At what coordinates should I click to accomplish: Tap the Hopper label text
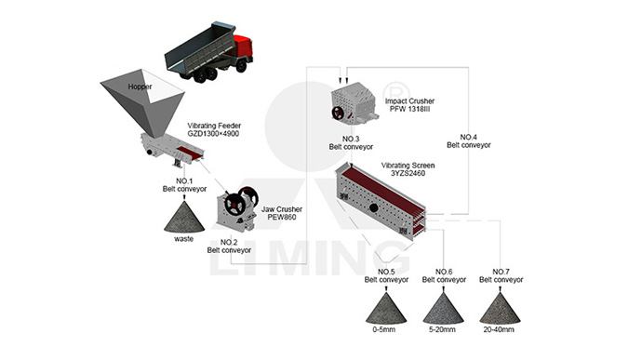tap(140, 87)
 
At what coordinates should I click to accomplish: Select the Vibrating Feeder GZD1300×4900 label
tap(214, 129)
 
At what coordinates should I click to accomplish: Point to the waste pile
tap(184, 217)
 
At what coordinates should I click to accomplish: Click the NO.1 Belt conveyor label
tap(184, 185)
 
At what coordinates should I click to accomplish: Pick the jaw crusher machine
tap(237, 209)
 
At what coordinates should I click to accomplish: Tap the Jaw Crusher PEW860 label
tap(282, 213)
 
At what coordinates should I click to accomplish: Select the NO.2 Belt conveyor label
tap(229, 247)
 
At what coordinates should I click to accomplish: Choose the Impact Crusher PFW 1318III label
tap(409, 105)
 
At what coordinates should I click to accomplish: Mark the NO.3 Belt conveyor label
tap(351, 143)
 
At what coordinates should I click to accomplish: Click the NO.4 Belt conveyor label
tap(468, 140)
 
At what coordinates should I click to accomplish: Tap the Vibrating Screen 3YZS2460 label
tap(408, 169)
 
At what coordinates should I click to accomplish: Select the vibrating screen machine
tap(381, 199)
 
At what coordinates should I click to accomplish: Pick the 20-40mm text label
tap(499, 329)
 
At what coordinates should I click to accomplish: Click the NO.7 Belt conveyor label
tap(502, 275)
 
